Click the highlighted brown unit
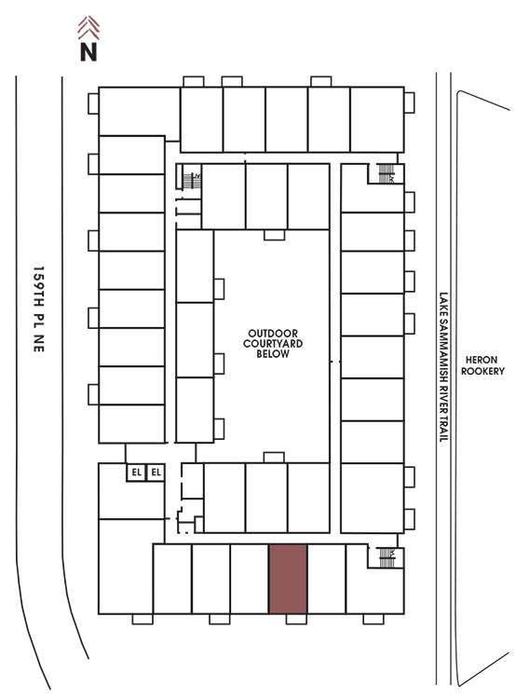(288, 579)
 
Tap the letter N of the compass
(88, 51)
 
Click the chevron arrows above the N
(88, 27)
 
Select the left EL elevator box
(136, 473)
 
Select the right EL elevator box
(156, 473)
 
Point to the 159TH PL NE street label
(39, 309)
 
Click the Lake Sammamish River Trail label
(443, 367)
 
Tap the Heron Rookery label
(482, 365)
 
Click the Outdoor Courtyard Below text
(273, 344)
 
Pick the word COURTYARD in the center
(273, 344)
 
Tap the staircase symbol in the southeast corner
(387, 557)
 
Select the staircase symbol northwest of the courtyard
(192, 181)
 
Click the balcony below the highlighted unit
(296, 619)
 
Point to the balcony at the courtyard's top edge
(274, 235)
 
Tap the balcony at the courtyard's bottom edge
(274, 458)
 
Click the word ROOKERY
(482, 371)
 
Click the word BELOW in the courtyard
(273, 354)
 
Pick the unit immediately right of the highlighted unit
(327, 579)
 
